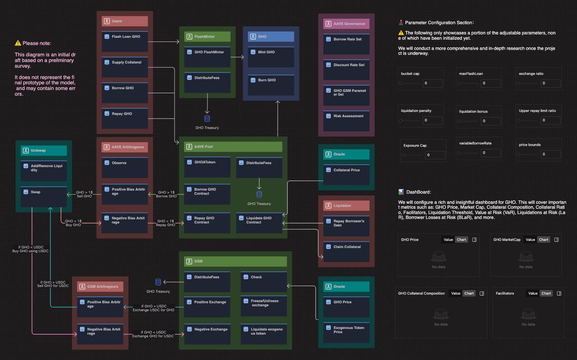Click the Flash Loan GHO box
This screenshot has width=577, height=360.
pos(124,41)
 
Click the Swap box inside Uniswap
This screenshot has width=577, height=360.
pos(43,197)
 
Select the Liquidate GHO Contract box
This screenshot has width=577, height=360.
pos(259,223)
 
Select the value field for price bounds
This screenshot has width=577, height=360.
pos(550,154)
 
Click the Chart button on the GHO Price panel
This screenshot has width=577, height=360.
pos(462,240)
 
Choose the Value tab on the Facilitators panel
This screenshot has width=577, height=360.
pos(533,293)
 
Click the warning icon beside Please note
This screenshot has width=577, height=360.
pos(18,43)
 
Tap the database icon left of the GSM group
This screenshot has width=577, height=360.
pos(158,282)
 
